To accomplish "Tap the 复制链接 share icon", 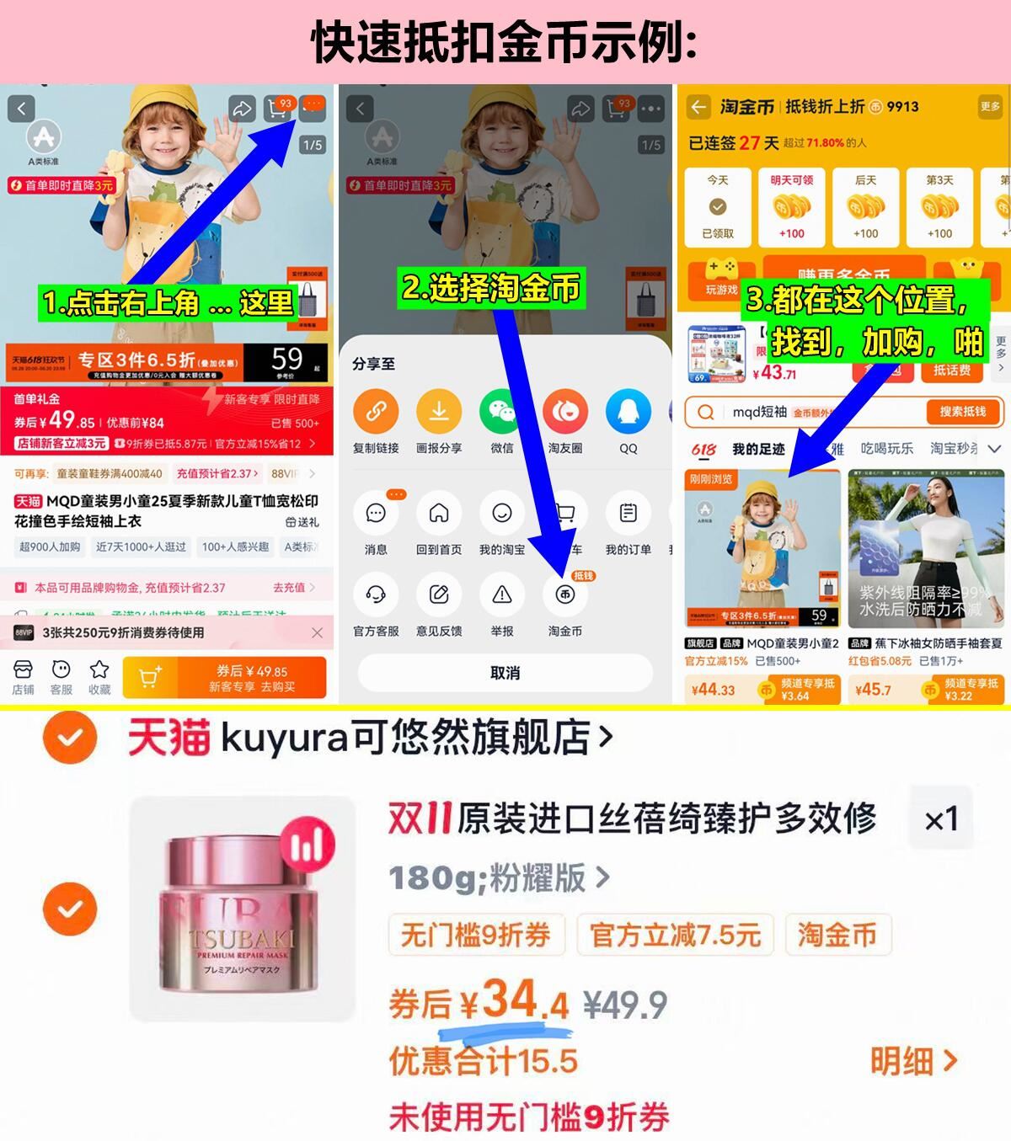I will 376,412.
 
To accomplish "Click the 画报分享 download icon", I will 439,412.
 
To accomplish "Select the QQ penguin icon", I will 629,412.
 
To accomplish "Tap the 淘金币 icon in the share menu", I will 564,595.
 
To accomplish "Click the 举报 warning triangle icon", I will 502,595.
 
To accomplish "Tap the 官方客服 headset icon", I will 376,595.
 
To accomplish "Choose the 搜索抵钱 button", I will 962,412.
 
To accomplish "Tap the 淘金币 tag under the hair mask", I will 837,935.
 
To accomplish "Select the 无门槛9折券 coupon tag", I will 475,935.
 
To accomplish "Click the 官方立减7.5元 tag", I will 675,935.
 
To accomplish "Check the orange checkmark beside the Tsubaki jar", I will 70,909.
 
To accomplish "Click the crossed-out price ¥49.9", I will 625,1005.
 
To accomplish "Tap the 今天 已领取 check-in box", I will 718,206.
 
